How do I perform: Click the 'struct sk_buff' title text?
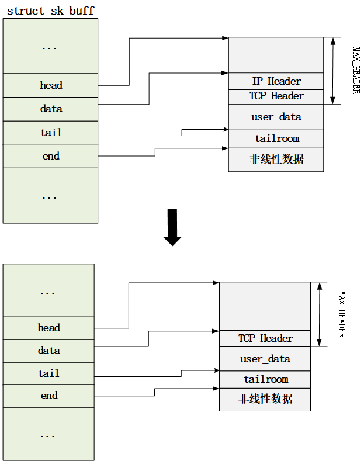pyautogui.click(x=50, y=11)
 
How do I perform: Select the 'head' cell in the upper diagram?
pyautogui.click(x=51, y=85)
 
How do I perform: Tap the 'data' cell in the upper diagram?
pyautogui.click(x=51, y=109)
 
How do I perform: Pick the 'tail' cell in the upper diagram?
pyautogui.click(x=51, y=133)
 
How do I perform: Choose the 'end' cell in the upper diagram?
pyautogui.click(x=51, y=156)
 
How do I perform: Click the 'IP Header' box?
pyautogui.click(x=276, y=81)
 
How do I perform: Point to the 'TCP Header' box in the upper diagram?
pyautogui.click(x=276, y=96)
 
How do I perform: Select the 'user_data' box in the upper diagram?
pyautogui.click(x=276, y=117)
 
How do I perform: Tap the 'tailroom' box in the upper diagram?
pyautogui.click(x=276, y=138)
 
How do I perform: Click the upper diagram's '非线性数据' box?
pyautogui.click(x=276, y=159)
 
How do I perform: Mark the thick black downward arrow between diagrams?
pyautogui.click(x=172, y=227)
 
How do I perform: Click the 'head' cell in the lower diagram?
pyautogui.click(x=49, y=328)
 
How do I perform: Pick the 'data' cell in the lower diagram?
pyautogui.click(x=49, y=351)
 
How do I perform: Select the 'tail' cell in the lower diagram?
pyautogui.click(x=49, y=373)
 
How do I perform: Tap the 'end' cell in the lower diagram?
pyautogui.click(x=49, y=396)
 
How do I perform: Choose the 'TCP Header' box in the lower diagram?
pyautogui.click(x=265, y=338)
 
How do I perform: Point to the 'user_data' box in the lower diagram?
pyautogui.click(x=265, y=358)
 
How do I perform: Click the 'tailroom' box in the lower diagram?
pyautogui.click(x=265, y=379)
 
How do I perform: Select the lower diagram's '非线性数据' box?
pyautogui.click(x=265, y=399)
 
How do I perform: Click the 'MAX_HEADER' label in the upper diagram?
pyautogui.click(x=356, y=70)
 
